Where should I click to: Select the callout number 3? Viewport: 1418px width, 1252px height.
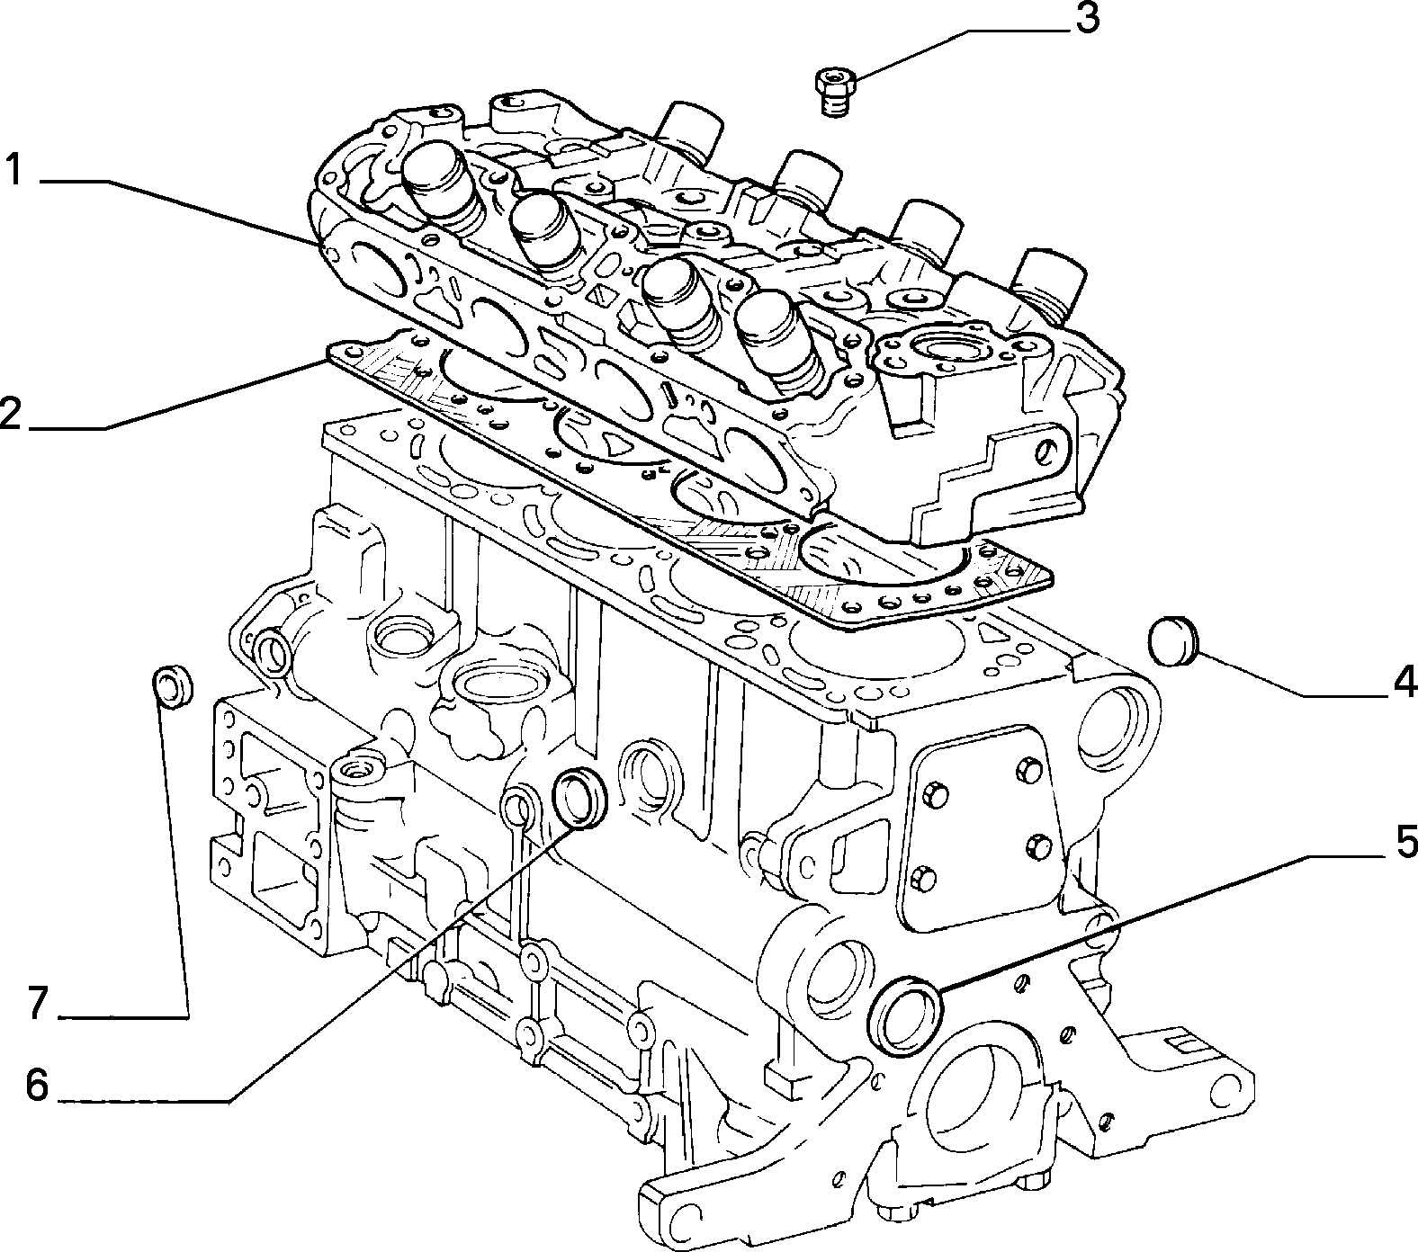coord(1087,19)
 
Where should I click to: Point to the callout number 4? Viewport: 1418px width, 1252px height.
coord(1404,683)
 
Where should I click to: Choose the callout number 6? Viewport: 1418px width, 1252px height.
coord(37,1086)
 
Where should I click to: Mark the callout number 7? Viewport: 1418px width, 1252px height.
coord(37,1003)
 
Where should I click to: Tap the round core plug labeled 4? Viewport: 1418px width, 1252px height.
coord(1171,639)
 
